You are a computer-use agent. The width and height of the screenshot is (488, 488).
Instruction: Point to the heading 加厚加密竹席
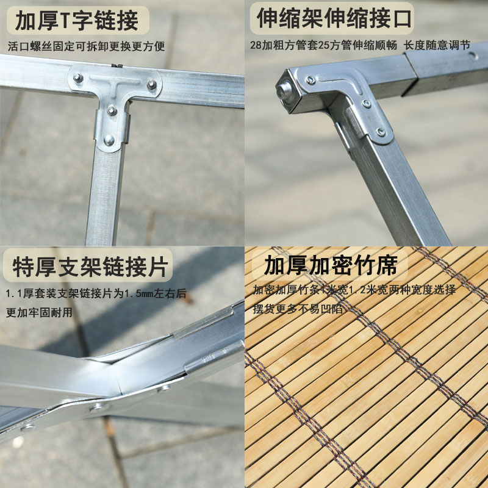(330, 266)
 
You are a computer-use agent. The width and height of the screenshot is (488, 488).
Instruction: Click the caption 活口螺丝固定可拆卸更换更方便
(86, 46)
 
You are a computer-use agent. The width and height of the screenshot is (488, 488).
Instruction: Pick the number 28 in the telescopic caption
(256, 45)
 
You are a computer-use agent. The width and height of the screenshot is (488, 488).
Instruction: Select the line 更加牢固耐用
(38, 312)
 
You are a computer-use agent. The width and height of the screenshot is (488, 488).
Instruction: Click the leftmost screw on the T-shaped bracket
(78, 77)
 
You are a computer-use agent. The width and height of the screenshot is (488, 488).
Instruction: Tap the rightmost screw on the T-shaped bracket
(151, 84)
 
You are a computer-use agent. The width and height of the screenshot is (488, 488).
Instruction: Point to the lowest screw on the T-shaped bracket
(109, 140)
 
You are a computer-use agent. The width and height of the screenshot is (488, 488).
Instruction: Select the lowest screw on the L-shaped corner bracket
(380, 131)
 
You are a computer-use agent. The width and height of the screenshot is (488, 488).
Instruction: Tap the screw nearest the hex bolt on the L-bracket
(311, 80)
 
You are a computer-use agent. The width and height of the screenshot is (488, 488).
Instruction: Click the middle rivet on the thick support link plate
(98, 405)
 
